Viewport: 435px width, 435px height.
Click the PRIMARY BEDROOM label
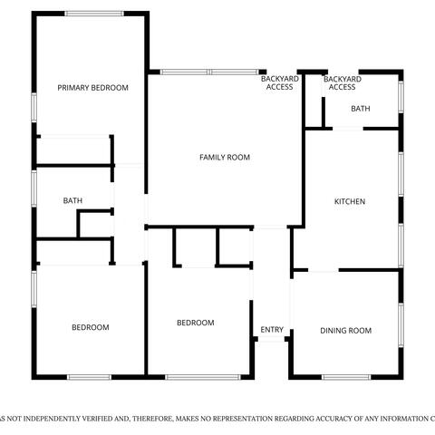pos(92,88)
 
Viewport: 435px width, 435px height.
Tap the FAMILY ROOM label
pos(225,158)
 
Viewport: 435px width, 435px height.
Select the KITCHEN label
pos(350,201)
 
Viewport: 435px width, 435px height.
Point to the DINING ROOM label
pos(346,331)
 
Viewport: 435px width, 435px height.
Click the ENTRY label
pos(272,330)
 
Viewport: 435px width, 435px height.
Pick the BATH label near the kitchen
pos(361,109)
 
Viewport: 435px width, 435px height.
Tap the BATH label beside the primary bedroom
pos(72,200)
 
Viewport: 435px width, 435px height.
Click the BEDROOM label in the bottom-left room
pos(91,327)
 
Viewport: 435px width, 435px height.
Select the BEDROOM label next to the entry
pos(196,323)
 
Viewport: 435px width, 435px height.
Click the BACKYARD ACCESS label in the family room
pos(280,82)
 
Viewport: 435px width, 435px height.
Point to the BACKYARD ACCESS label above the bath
pos(343,83)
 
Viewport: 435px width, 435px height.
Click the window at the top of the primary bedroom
pos(94,14)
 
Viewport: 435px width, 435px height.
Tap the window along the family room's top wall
pos(209,72)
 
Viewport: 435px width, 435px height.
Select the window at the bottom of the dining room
pos(346,377)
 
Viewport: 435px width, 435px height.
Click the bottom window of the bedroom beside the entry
pos(203,377)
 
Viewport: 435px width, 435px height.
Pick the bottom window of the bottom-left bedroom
pos(89,377)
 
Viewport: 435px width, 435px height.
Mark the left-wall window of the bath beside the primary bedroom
pos(34,188)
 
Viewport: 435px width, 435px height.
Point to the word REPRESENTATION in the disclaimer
pos(243,419)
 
